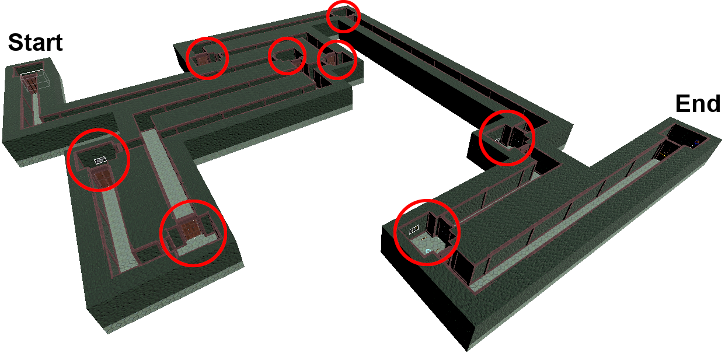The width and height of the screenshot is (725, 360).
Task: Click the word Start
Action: pos(35,43)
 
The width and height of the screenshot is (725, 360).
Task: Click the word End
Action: pos(698,104)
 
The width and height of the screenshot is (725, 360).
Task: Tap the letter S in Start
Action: pos(15,43)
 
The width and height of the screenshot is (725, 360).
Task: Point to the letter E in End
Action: pos(682,104)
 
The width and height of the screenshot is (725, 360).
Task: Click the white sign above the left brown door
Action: pos(100,160)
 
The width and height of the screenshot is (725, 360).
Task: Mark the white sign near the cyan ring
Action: pos(414,230)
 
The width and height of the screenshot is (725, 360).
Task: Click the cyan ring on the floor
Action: pos(428,251)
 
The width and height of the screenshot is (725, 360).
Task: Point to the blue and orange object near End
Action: pos(696,142)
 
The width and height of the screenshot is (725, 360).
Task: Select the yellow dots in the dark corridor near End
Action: pos(662,155)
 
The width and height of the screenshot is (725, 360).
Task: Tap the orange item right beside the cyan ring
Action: pos(437,251)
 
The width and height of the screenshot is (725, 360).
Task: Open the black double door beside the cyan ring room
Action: pos(438,228)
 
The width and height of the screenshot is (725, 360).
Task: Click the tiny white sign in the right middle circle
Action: pos(497,140)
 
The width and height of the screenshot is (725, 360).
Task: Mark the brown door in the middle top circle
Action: pos(297,62)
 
